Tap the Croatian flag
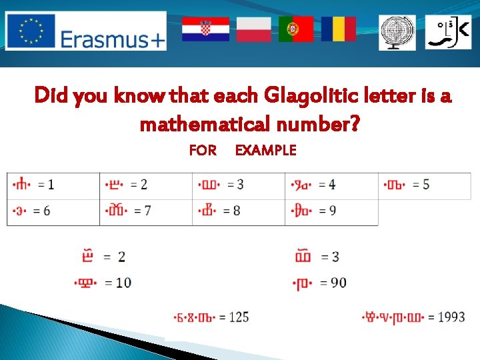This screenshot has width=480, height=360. tap(205, 29)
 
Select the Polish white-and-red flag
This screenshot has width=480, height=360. tap(253, 29)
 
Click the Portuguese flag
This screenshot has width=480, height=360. tap(296, 29)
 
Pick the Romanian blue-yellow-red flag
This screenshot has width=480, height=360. tap(338, 29)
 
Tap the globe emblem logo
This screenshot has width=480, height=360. tap(397, 33)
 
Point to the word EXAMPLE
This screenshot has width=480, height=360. tap(265, 150)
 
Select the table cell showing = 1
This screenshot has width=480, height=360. tap(53, 185)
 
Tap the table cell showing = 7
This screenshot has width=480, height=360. tap(146, 211)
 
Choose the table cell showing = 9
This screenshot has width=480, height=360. tap(331, 211)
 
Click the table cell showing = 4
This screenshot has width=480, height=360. tap(331, 185)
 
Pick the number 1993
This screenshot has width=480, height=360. tap(451, 317)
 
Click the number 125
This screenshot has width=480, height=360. tap(239, 317)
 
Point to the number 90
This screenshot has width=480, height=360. tap(338, 283)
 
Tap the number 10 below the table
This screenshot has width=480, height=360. tap(123, 283)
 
